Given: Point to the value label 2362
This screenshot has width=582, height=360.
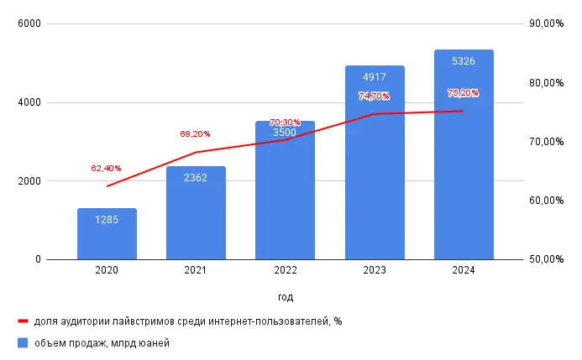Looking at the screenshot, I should (196, 178).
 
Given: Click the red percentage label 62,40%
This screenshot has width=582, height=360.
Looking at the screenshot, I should (106, 169).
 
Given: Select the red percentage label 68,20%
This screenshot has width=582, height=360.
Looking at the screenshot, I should (195, 133).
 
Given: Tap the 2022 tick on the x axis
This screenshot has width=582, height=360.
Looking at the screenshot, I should (285, 270).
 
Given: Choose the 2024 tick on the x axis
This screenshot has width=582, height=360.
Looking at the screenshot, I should (464, 270).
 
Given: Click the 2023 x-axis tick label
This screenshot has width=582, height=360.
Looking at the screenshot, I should (375, 270).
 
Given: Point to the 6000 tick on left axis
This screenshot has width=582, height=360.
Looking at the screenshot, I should (31, 24).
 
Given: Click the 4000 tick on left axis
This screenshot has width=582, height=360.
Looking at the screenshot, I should (31, 103).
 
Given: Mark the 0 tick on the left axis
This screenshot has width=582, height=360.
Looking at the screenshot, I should (39, 260).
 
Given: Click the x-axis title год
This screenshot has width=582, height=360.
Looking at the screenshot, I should (286, 297).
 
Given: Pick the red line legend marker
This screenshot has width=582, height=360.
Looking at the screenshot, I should (23, 321).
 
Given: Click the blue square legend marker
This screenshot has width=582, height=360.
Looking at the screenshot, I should (23, 342).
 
